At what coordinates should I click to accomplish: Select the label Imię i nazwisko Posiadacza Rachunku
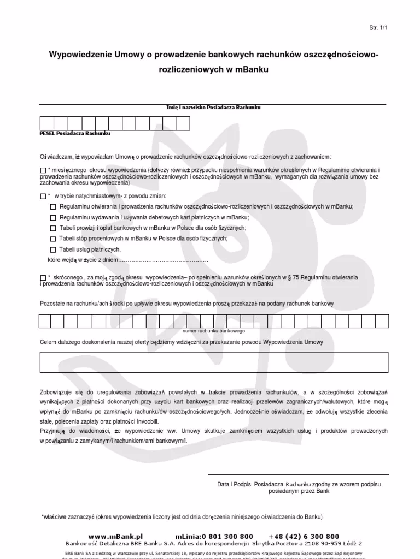213,108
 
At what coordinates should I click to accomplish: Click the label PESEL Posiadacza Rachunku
75,133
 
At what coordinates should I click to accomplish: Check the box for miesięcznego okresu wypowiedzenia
43,170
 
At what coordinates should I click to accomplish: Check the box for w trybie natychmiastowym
43,196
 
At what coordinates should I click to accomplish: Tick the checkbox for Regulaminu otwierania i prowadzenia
53,207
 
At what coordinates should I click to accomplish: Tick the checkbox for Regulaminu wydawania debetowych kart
53,217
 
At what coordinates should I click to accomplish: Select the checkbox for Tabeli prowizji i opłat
53,228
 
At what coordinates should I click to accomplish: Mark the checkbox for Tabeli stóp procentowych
53,239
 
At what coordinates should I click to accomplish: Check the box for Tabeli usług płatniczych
53,249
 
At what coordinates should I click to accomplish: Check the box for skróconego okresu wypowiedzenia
43,278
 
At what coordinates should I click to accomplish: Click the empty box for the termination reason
213,361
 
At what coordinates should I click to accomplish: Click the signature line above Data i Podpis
299,474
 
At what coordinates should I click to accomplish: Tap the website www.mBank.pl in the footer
115,537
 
